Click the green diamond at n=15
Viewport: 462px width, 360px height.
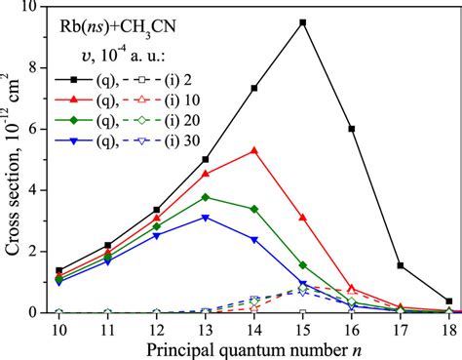click(302, 264)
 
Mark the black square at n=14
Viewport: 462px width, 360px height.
click(253, 88)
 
